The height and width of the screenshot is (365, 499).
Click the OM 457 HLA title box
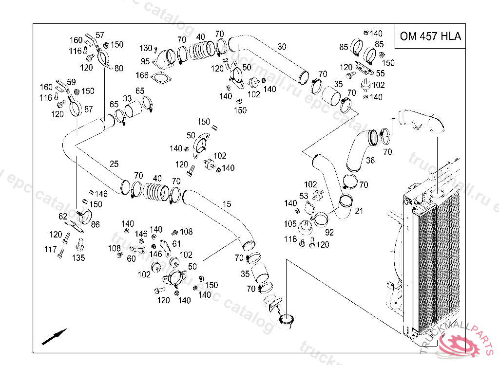[x=430, y=36]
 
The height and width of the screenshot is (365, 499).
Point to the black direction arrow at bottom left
[x=54, y=337]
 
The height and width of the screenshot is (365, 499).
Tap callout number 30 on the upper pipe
[x=282, y=47]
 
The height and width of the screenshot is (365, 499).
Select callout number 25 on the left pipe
[x=114, y=164]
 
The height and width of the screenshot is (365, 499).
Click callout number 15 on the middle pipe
[x=227, y=204]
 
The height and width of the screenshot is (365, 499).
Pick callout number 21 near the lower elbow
[x=359, y=210]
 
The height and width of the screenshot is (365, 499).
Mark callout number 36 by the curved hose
[x=370, y=160]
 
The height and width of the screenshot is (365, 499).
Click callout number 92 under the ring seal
[x=329, y=232]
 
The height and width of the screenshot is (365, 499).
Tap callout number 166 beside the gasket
[x=142, y=75]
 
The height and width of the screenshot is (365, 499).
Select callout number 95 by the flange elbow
[x=145, y=61]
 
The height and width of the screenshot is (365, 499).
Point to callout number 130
[x=146, y=48]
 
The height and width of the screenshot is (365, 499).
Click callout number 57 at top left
[x=100, y=35]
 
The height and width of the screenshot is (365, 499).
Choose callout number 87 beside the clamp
[x=88, y=109]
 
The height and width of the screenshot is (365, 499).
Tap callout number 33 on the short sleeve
[x=127, y=98]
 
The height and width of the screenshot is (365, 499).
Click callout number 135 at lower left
[x=78, y=257]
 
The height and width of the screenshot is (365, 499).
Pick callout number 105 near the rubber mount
[x=290, y=223]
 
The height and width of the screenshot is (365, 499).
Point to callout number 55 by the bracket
[x=380, y=73]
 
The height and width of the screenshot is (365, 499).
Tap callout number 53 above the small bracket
[x=304, y=196]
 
